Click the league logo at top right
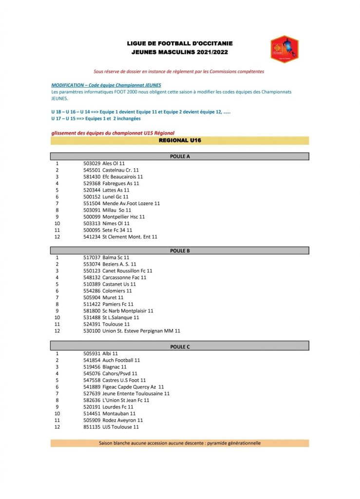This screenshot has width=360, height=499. tap(284, 49)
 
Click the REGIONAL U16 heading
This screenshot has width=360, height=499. tap(180, 140)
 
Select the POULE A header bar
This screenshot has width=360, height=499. tap(180, 156)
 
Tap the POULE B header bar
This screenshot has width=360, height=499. tap(180, 250)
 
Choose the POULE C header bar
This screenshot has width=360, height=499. tap(180, 346)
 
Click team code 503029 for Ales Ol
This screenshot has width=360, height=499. tap(92, 163)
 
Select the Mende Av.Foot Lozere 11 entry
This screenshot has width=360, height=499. tap(131, 203)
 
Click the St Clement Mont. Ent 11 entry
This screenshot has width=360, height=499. tap(130, 237)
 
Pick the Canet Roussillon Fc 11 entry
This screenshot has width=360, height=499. tap(127, 270)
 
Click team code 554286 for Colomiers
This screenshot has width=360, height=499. tap(92, 291)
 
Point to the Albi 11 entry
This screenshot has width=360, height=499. tap(110, 353)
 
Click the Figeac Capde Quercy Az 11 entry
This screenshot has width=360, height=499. tap(133, 387)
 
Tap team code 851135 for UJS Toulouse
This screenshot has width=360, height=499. tap(92, 427)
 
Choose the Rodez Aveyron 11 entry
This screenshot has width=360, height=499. tap(123, 420)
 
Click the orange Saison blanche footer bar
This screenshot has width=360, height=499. tap(180, 443)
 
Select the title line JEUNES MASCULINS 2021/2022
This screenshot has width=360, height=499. tap(180, 52)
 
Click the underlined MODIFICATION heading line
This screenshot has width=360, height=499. tap(106, 85)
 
